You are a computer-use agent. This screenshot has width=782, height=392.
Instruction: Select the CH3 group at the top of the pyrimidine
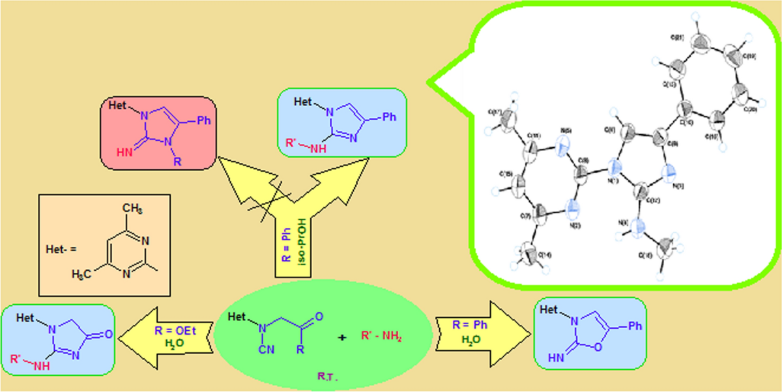134,209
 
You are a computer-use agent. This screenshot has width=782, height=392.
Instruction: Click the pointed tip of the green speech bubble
428,83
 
